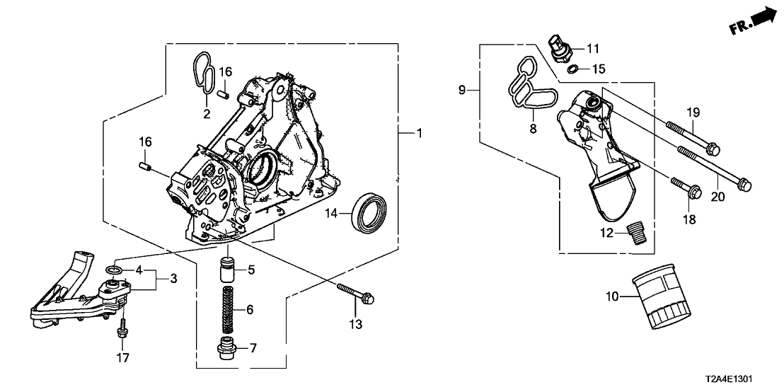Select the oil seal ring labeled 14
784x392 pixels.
(x=371, y=210)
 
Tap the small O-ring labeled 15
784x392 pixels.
(x=576, y=69)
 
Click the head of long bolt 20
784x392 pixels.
(x=743, y=186)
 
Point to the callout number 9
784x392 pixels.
(x=461, y=90)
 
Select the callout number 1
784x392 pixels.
(x=418, y=133)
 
